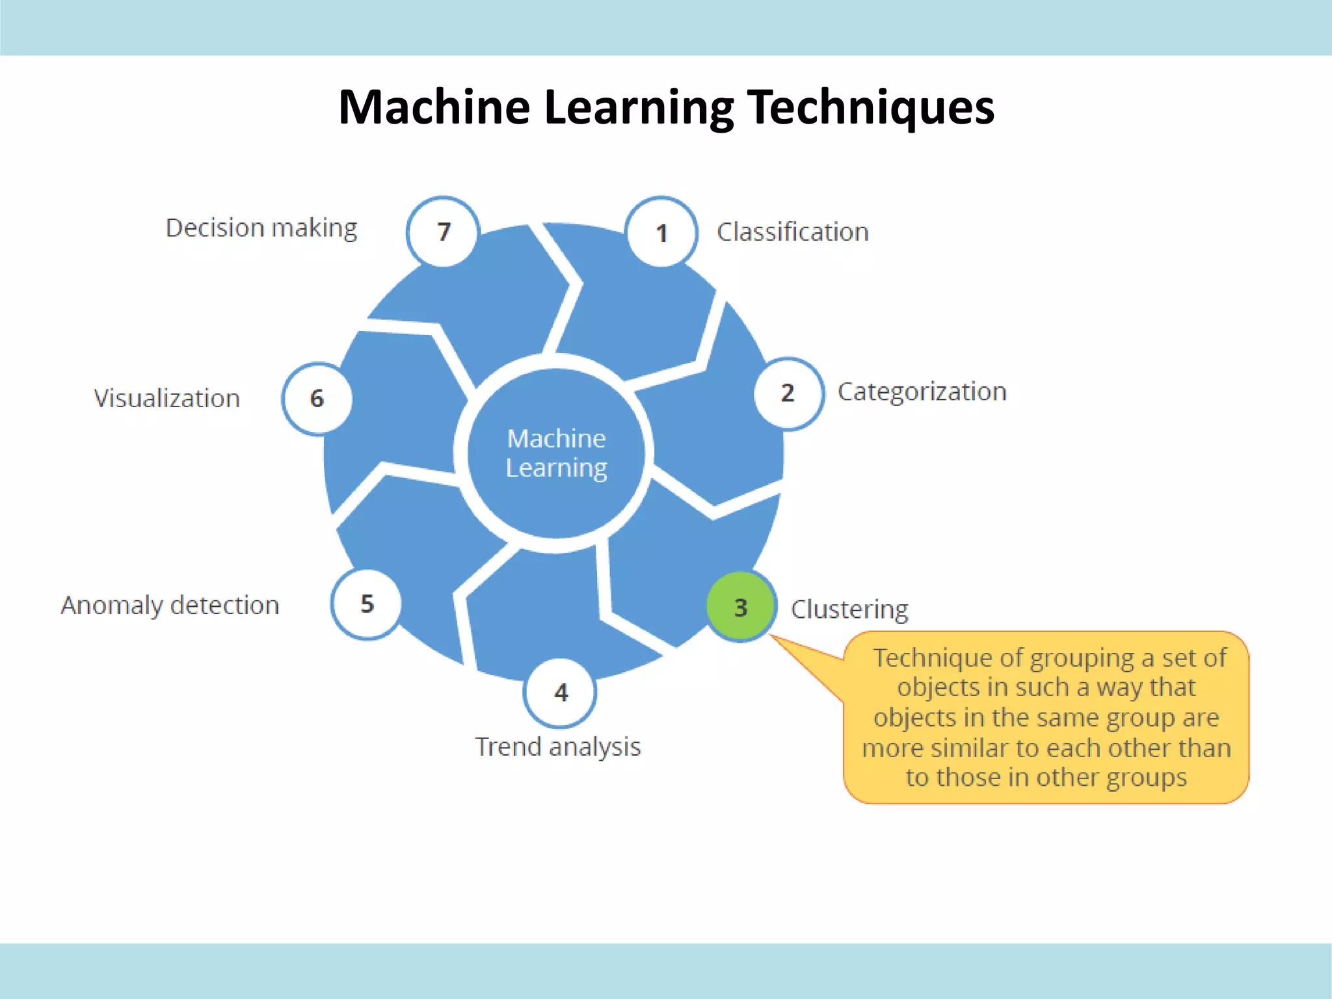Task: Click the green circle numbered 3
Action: [x=741, y=607]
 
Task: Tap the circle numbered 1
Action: [x=661, y=232]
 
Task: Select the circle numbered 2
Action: [x=788, y=393]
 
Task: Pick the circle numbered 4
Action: [x=560, y=693]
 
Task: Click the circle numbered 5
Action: [x=367, y=604]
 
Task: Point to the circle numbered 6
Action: [x=317, y=398]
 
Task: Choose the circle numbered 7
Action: [x=444, y=232]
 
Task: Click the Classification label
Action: [x=792, y=232]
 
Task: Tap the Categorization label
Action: [x=922, y=392]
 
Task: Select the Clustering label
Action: [x=849, y=609]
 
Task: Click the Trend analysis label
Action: [x=557, y=747]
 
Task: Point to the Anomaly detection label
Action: [x=170, y=606]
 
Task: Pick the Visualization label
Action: [x=166, y=399]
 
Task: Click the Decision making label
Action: [x=261, y=228]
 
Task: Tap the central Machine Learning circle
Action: [x=556, y=453]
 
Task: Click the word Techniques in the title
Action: [x=871, y=107]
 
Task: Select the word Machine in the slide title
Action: [x=434, y=107]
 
